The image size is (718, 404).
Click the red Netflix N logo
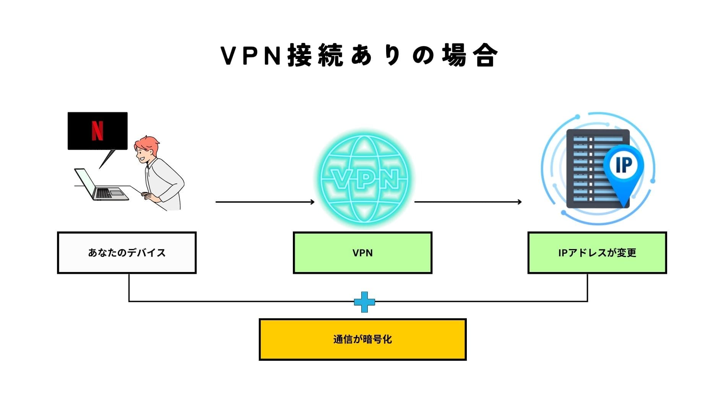[x=97, y=131]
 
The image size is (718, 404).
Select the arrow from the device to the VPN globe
[x=265, y=202]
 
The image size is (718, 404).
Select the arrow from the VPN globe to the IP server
[x=468, y=202]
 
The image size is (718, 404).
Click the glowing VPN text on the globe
[x=364, y=179]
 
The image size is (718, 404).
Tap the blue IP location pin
[x=624, y=168]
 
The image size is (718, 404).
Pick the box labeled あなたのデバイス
[x=127, y=252]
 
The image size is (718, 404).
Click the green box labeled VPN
[x=362, y=252]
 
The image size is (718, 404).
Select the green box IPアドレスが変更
[x=597, y=252]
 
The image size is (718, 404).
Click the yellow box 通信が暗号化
[x=362, y=339]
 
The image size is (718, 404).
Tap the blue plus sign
[x=364, y=302]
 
